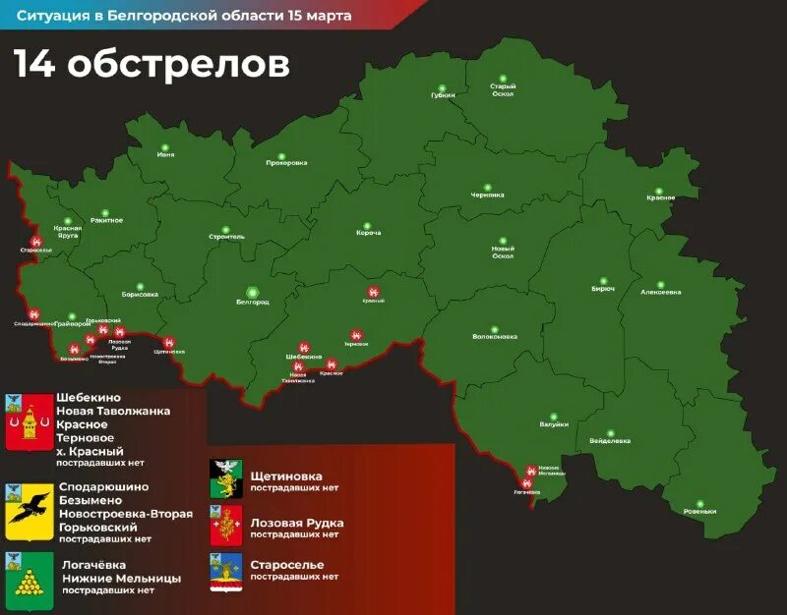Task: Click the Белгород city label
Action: pyautogui.click(x=253, y=302)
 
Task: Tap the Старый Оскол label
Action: pyautogui.click(x=503, y=89)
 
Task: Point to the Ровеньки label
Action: pyautogui.click(x=700, y=512)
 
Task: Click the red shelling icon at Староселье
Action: pyautogui.click(x=36, y=239)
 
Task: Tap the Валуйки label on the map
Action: pyautogui.click(x=554, y=424)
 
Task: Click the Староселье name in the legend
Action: pyautogui.click(x=287, y=564)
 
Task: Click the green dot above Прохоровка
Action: pyautogui.click(x=280, y=155)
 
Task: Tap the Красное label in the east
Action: pyautogui.click(x=660, y=198)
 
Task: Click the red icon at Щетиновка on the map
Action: pyautogui.click(x=169, y=340)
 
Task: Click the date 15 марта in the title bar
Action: pyautogui.click(x=313, y=16)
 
